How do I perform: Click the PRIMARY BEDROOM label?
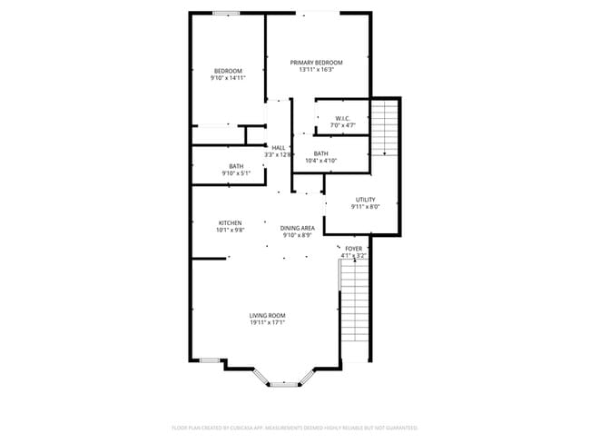[x=316, y=63]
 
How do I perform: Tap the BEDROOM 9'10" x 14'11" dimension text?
[x=228, y=78]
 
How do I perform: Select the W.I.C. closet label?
[x=342, y=118]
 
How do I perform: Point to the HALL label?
[x=279, y=148]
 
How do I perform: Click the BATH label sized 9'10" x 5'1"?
[x=236, y=166]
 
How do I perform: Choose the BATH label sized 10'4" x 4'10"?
[x=320, y=153]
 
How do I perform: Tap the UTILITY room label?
[x=365, y=200]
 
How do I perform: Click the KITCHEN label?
[x=230, y=223]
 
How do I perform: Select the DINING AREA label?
[x=297, y=228]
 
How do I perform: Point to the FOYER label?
[x=353, y=249]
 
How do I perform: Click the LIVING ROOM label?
[x=268, y=315]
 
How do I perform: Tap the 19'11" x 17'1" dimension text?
[x=268, y=322]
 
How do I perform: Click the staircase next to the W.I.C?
[x=385, y=127]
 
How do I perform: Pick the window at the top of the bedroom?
[x=226, y=13]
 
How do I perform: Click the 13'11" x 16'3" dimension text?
[x=316, y=70]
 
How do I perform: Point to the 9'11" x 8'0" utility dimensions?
[x=365, y=207]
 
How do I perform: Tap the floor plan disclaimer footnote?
[x=295, y=427]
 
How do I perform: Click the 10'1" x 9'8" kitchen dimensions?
[x=230, y=231]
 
